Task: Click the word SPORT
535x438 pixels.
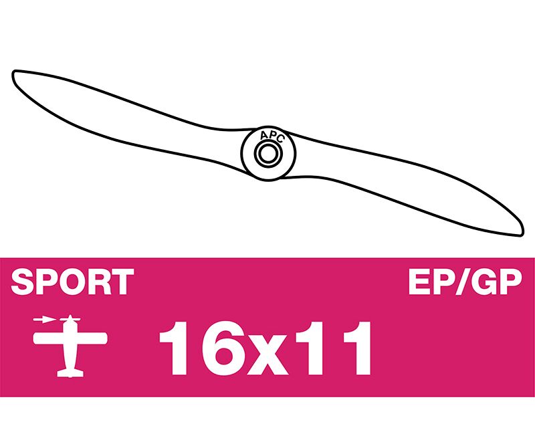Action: (x=72, y=282)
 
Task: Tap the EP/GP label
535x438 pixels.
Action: (x=465, y=282)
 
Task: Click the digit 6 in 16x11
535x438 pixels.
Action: (x=224, y=348)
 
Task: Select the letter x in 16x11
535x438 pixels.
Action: (x=270, y=355)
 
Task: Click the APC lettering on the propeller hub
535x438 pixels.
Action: (x=272, y=136)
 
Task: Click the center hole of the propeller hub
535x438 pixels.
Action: (x=268, y=153)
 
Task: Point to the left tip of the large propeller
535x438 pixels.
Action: (x=13, y=74)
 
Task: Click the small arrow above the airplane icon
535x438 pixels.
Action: (x=44, y=320)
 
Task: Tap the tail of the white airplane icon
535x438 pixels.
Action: (x=70, y=372)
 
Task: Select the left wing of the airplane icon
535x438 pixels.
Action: (x=48, y=338)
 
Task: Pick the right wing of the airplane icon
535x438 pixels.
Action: (x=92, y=338)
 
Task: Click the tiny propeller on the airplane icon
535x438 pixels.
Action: (x=70, y=319)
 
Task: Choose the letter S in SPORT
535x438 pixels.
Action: (x=23, y=282)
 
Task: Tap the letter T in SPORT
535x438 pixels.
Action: (x=122, y=282)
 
